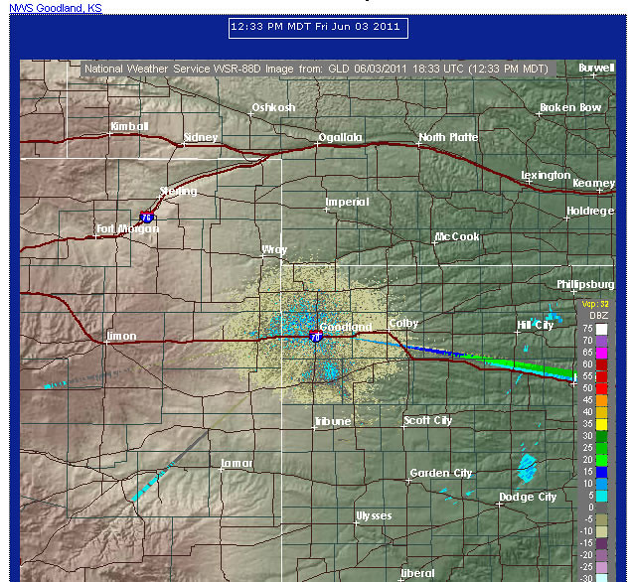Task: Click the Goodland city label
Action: coord(348,327)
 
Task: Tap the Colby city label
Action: coord(403,323)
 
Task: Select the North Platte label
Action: coord(448,137)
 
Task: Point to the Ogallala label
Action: coord(341,137)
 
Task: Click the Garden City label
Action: coord(441,473)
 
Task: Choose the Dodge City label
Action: coord(528,497)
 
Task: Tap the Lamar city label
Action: coord(237,463)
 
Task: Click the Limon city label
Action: coord(121,336)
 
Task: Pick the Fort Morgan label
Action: coord(128,228)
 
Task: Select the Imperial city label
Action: coord(347,202)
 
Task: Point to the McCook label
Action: coord(457,236)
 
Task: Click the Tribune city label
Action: coord(333,421)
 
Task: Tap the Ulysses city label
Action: coord(374,515)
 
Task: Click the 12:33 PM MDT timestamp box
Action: coord(315,27)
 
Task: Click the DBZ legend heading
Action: coord(598,315)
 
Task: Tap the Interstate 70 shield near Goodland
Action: coord(316,336)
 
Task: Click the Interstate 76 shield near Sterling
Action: coord(147,215)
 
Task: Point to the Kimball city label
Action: coord(129,126)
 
